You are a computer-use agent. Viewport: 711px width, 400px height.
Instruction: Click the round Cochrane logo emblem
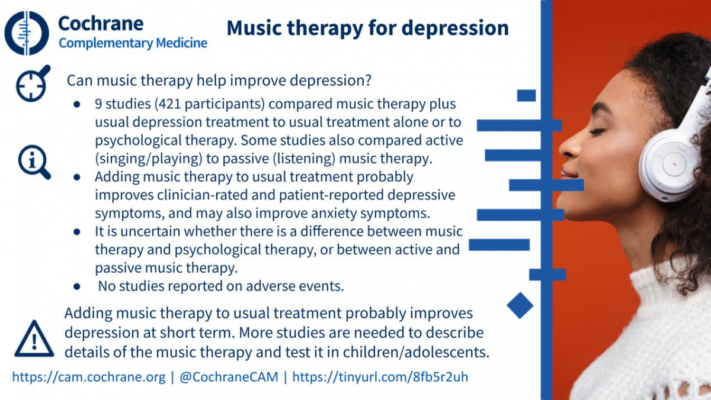point(27,33)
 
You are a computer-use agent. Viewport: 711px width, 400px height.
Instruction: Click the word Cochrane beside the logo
point(101,24)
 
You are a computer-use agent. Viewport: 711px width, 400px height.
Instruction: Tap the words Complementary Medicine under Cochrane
point(133,43)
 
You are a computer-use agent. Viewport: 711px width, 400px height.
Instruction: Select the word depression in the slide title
point(455,28)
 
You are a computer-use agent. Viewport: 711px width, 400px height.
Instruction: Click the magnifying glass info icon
point(34,162)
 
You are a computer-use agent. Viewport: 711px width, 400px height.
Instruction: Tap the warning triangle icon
point(34,339)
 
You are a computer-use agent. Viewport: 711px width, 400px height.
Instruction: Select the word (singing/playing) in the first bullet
point(149,159)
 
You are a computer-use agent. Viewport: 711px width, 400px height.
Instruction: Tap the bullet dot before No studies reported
point(77,286)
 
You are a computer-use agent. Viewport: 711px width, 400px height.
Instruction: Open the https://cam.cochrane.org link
point(89,377)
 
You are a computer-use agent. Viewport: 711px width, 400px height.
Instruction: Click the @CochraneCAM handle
point(229,377)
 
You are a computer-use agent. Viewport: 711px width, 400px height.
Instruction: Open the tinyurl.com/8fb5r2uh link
point(380,377)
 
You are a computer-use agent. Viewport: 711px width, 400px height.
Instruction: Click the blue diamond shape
point(520,305)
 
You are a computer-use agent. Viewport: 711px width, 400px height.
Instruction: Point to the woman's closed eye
point(597,131)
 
